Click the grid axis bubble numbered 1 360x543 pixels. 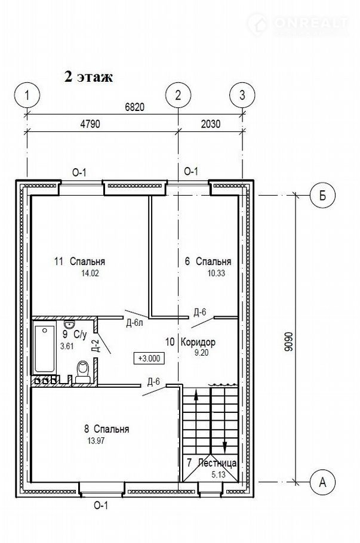click(x=27, y=95)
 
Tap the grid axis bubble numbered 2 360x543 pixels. click(x=178, y=95)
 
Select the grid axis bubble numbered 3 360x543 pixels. click(x=242, y=95)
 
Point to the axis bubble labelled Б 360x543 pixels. click(x=322, y=196)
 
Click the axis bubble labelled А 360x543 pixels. click(x=322, y=482)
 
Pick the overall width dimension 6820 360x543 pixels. click(x=134, y=107)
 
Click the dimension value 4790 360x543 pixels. click(x=90, y=124)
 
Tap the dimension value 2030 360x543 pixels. click(x=211, y=124)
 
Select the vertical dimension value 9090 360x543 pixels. click(x=289, y=342)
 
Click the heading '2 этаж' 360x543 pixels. click(x=89, y=76)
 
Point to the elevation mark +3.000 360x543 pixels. click(x=149, y=359)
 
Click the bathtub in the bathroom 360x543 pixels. click(x=45, y=347)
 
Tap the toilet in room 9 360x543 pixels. click(x=83, y=372)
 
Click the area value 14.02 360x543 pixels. click(x=90, y=273)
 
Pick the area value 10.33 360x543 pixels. click(x=216, y=273)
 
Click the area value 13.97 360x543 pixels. click(x=96, y=441)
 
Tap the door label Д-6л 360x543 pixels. click(x=135, y=323)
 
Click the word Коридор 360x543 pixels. click(x=198, y=342)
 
